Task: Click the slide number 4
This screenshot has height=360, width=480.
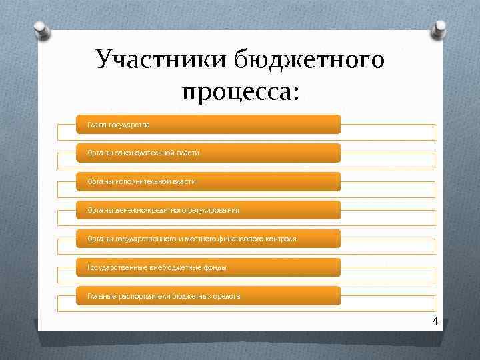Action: pyautogui.click(x=435, y=321)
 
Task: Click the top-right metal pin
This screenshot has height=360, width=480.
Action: pyautogui.click(x=441, y=27)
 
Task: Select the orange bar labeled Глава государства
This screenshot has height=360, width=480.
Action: pyautogui.click(x=208, y=125)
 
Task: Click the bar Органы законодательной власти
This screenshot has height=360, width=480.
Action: pyautogui.click(x=208, y=153)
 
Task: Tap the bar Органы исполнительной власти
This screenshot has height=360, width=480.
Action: pyautogui.click(x=208, y=181)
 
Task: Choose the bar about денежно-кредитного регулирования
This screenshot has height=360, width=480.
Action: pyautogui.click(x=208, y=210)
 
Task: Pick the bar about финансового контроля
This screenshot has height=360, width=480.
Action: pyautogui.click(x=208, y=239)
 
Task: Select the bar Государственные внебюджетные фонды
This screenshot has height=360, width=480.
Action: pyautogui.click(x=208, y=267)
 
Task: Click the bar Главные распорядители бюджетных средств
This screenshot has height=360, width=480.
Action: pyautogui.click(x=208, y=296)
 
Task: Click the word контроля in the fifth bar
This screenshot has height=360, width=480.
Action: pyautogui.click(x=280, y=239)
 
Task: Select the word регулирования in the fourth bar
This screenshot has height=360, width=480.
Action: pyautogui.click(x=215, y=210)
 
